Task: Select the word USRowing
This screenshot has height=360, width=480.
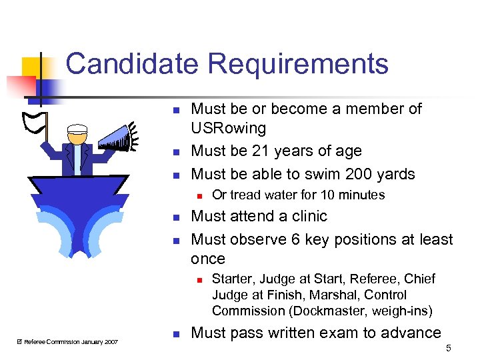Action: (x=228, y=128)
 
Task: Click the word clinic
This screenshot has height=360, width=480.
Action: (x=305, y=216)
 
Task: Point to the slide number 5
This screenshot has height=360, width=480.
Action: (x=448, y=347)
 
